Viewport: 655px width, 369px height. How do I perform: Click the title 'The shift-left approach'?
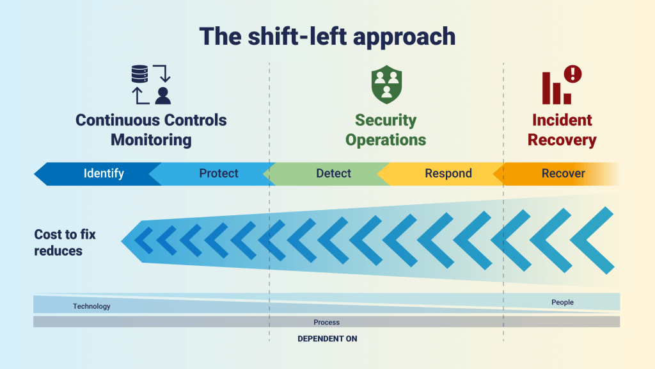pyautogui.click(x=327, y=37)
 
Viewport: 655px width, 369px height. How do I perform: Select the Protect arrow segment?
pyautogui.click(x=213, y=174)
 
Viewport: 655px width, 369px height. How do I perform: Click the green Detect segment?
pyautogui.click(x=328, y=174)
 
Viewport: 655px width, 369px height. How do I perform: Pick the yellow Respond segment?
pyautogui.click(x=443, y=174)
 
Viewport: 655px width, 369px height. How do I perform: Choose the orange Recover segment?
pyautogui.click(x=558, y=174)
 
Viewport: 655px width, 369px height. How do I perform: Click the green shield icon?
pyautogui.click(x=386, y=85)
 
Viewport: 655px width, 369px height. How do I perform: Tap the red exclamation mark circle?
pyautogui.click(x=572, y=74)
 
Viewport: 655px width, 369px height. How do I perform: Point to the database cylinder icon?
pyautogui.click(x=139, y=74)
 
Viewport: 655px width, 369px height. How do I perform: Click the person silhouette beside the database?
pyautogui.click(x=163, y=96)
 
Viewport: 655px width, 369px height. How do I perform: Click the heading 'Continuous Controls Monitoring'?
pyautogui.click(x=151, y=129)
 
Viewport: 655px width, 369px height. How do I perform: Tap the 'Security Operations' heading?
pyautogui.click(x=386, y=129)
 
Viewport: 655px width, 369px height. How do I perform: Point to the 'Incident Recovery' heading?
pyautogui.click(x=562, y=129)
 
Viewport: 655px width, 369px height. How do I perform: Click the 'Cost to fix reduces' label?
pyautogui.click(x=65, y=243)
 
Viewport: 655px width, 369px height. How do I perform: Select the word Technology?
pyautogui.click(x=91, y=306)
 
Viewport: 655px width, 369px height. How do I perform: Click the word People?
pyautogui.click(x=562, y=302)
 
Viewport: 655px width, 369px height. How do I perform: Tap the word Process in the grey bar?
pyautogui.click(x=327, y=322)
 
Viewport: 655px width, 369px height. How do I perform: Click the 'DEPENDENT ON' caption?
pyautogui.click(x=327, y=339)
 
